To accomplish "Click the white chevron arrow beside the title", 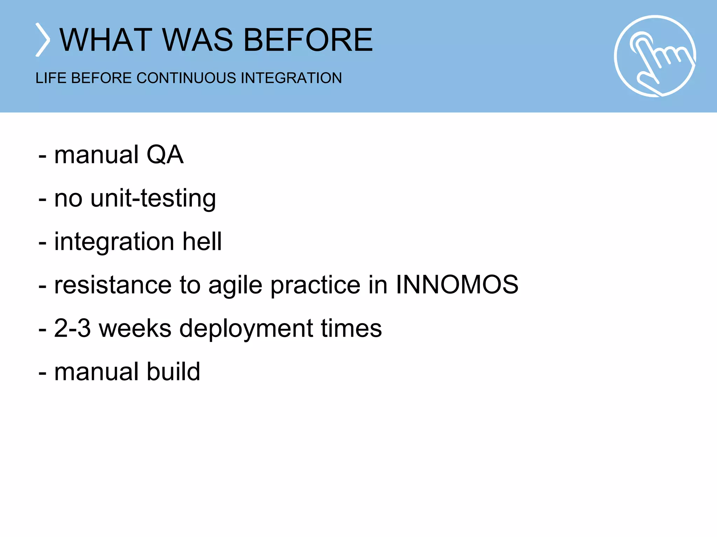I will tap(43, 40).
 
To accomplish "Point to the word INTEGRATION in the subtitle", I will tap(291, 78).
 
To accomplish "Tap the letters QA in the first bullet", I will tap(165, 155).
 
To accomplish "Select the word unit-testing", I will tap(153, 199).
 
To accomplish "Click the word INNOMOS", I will tap(457, 285).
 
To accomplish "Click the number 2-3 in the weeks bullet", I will tap(72, 328).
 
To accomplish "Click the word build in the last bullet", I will tap(173, 371).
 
